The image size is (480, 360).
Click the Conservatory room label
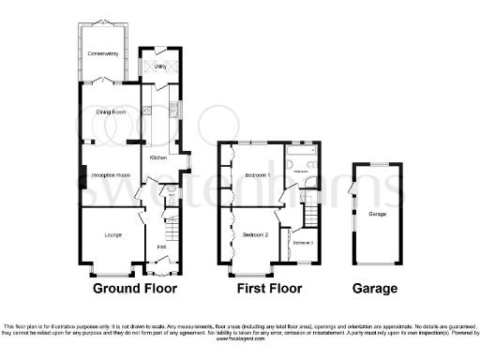pos(104,54)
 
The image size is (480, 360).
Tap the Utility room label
pos(158,67)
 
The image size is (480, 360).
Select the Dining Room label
pos(110,112)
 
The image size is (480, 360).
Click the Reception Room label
pos(109,174)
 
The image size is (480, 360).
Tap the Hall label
pos(161,247)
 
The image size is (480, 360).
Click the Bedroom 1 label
pos(258,175)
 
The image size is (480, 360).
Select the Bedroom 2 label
pos(255,234)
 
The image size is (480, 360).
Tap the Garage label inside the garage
pos(377,215)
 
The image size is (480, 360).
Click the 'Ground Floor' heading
pos(135,288)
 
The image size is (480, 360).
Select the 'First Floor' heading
pos(268,288)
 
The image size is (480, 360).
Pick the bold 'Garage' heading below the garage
pos(375,288)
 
